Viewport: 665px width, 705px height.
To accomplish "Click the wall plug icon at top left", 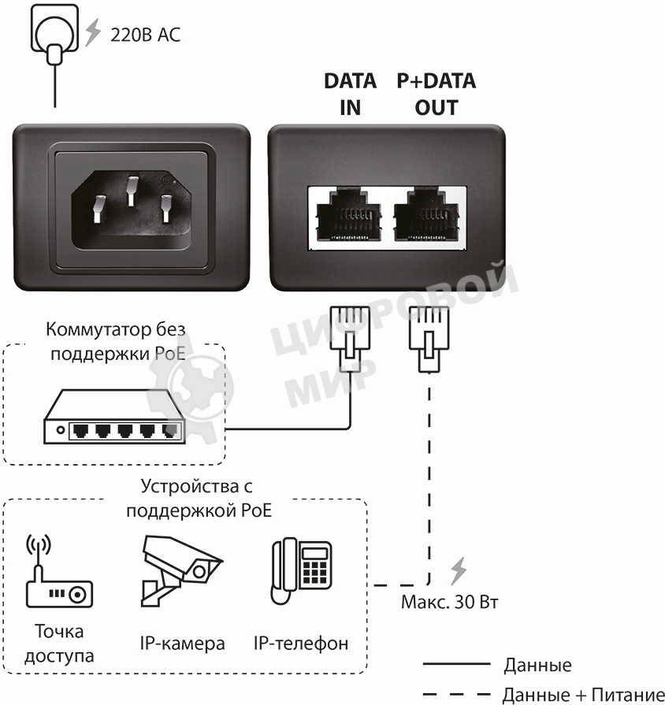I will pos(54,35).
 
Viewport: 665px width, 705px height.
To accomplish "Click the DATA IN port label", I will pos(350,94).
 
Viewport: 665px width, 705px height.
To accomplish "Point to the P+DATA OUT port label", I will pos(436,94).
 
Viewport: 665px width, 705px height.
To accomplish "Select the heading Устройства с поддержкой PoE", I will pos(198,498).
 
